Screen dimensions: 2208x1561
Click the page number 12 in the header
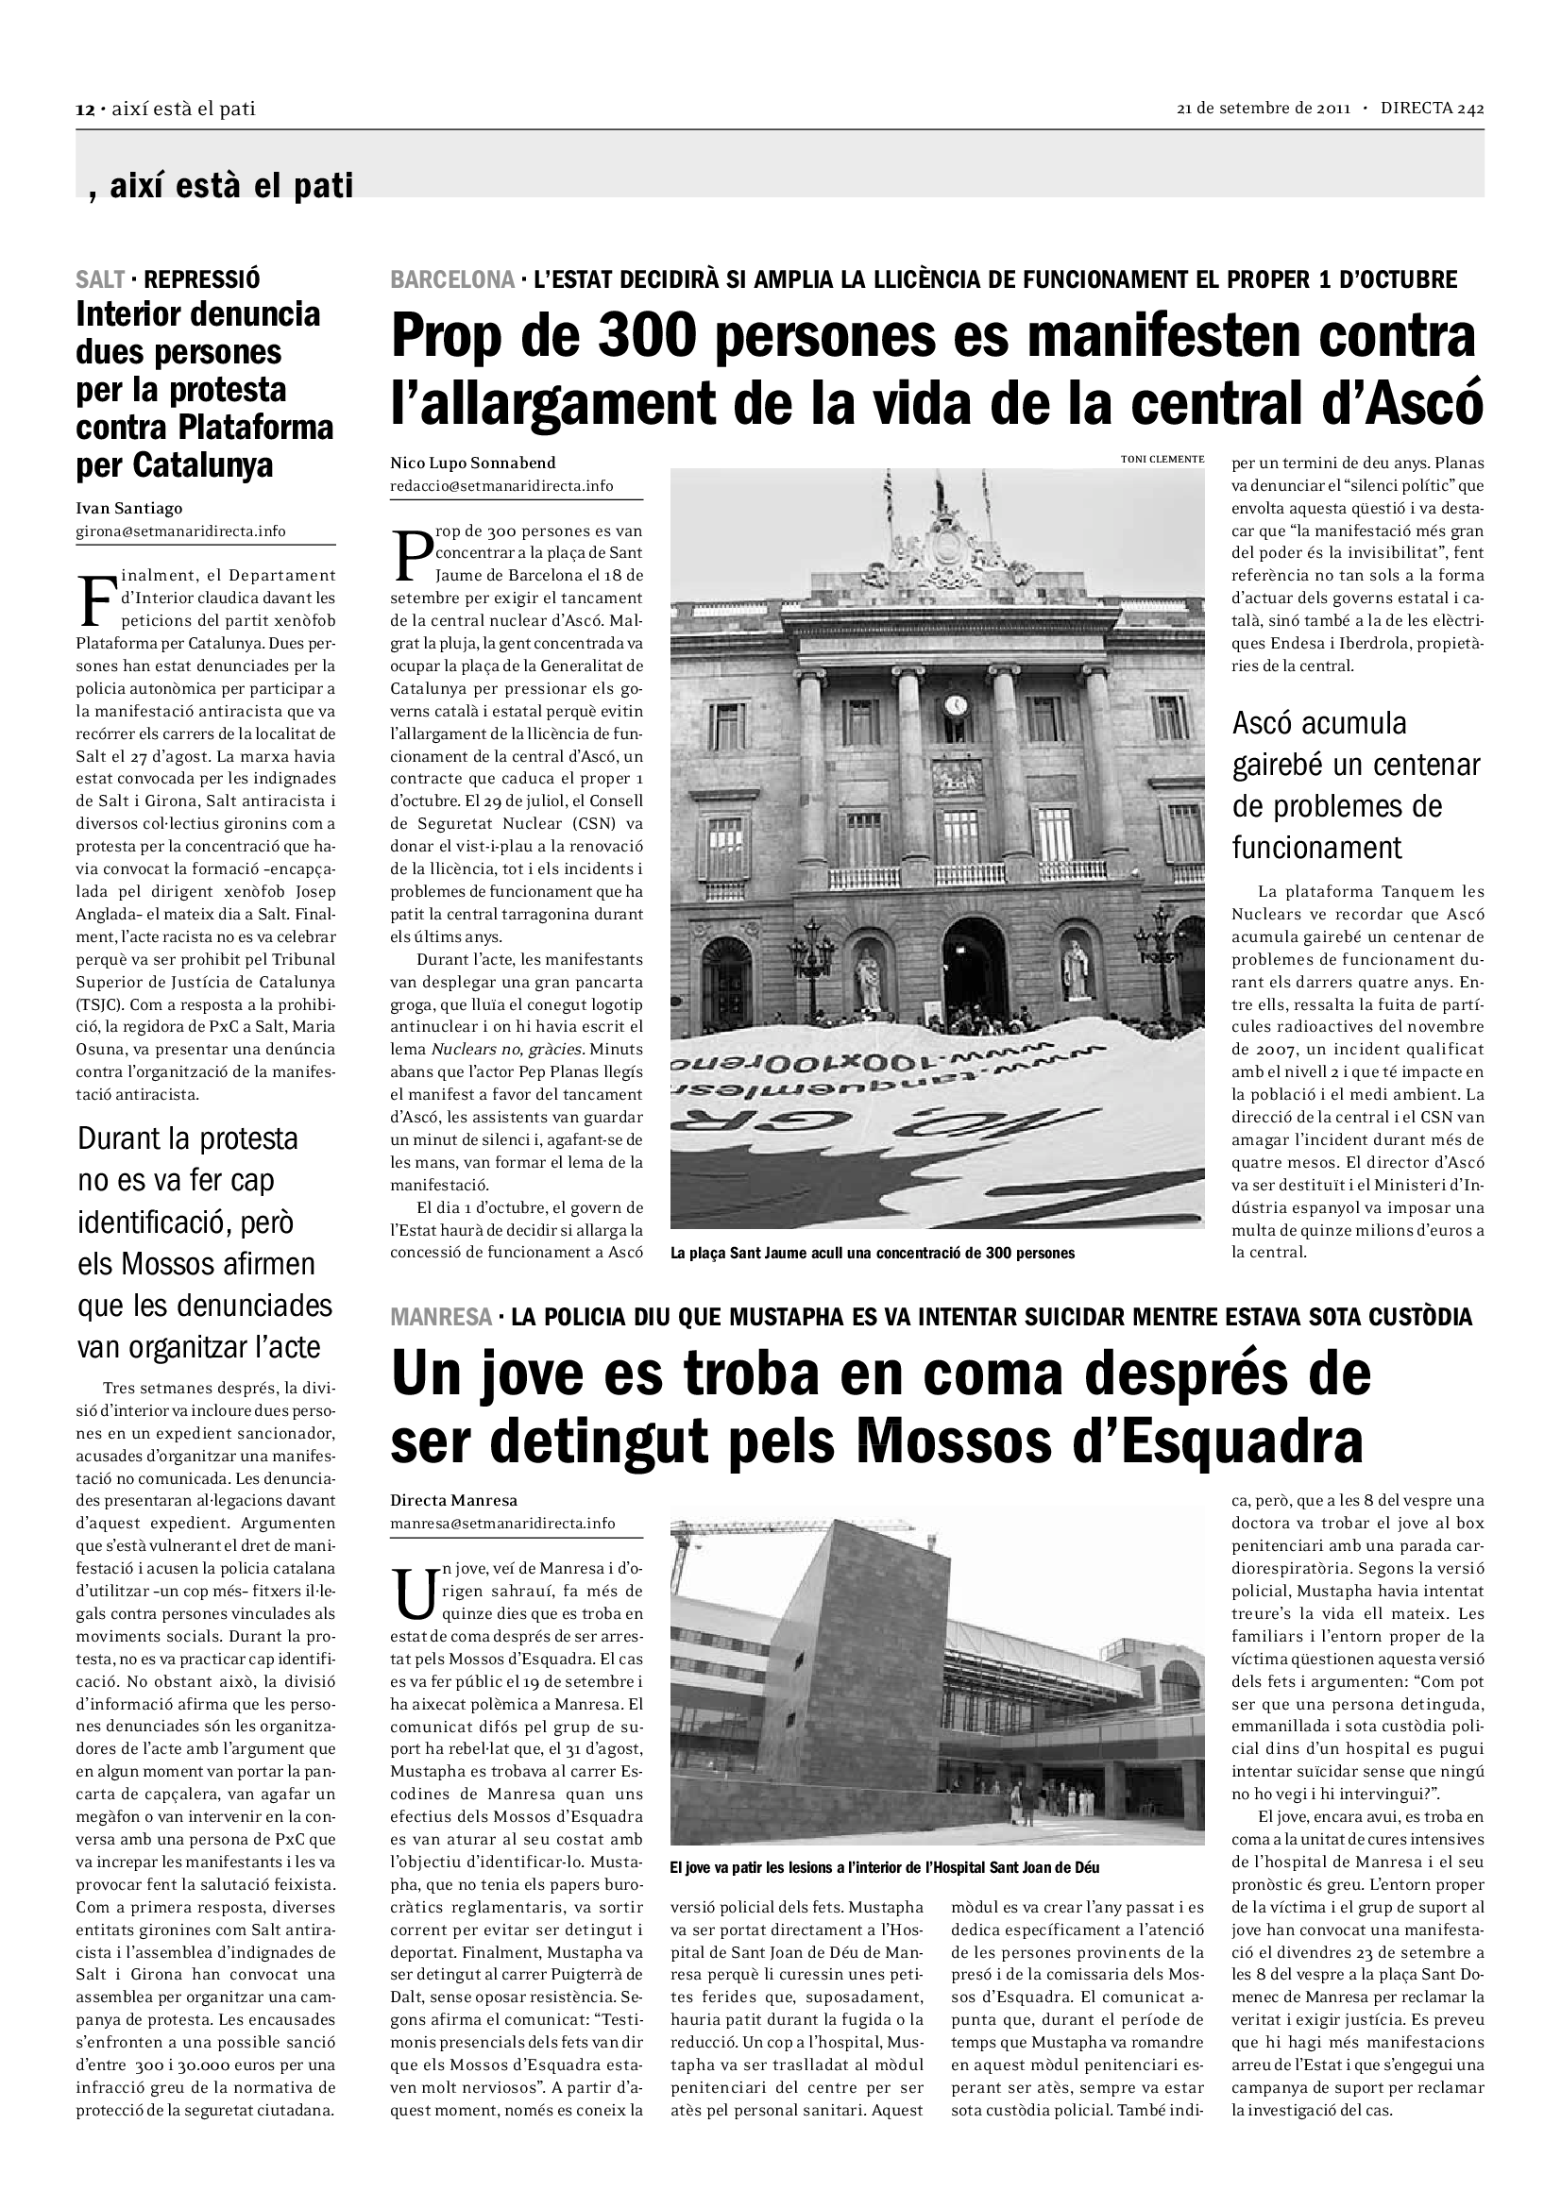(83, 109)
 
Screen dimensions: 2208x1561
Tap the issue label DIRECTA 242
(1432, 108)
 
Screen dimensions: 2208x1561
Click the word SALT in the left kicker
(100, 279)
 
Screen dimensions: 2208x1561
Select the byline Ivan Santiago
(128, 508)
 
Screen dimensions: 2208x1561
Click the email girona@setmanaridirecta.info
(180, 531)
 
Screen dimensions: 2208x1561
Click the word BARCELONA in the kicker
(452, 279)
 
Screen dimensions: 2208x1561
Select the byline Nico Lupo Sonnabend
(472, 463)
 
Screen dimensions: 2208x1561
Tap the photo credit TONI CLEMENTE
(1162, 459)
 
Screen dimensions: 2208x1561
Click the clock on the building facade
(954, 705)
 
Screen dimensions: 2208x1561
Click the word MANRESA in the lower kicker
(440, 1317)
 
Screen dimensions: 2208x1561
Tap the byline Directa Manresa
(453, 1499)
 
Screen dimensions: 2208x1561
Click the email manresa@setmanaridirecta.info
(502, 1523)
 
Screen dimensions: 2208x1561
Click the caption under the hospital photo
(884, 1867)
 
